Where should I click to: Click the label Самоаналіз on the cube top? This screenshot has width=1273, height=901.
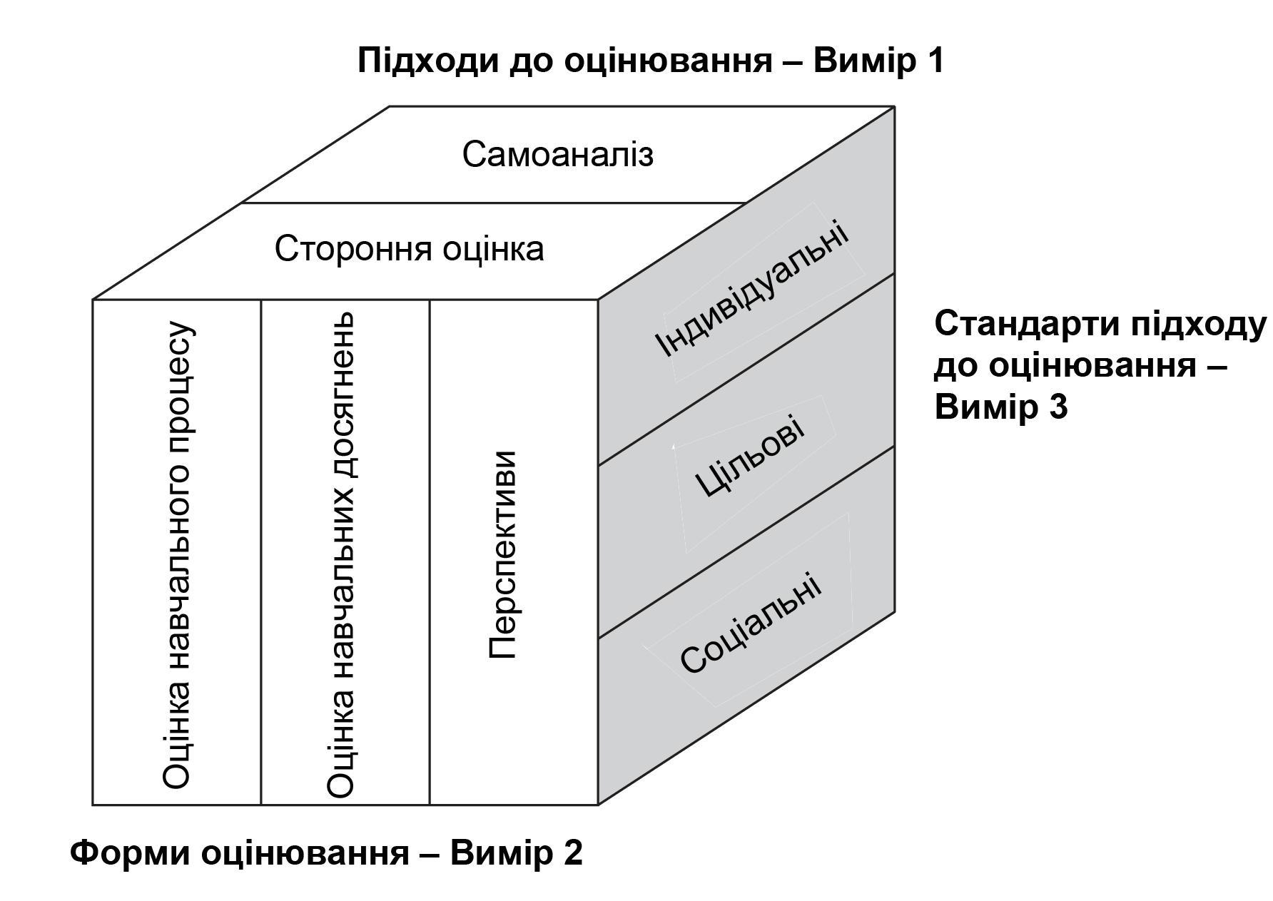tap(557, 155)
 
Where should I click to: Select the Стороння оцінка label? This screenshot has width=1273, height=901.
tap(409, 249)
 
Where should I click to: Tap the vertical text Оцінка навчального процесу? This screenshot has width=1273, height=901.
tap(177, 555)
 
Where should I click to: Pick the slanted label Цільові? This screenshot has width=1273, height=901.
tap(749, 457)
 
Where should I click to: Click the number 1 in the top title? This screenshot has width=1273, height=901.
tap(934, 61)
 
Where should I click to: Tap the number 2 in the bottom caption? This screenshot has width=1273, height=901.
tap(573, 853)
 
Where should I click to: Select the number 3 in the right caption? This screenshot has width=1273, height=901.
tap(1058, 407)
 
